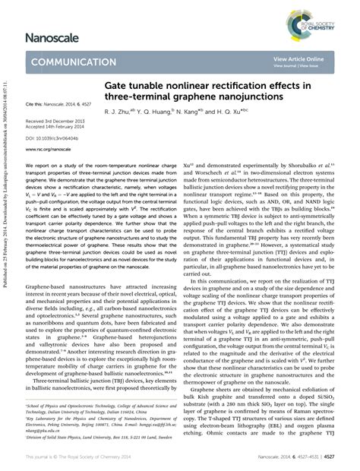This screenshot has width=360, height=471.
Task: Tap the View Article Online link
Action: point(298,58)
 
